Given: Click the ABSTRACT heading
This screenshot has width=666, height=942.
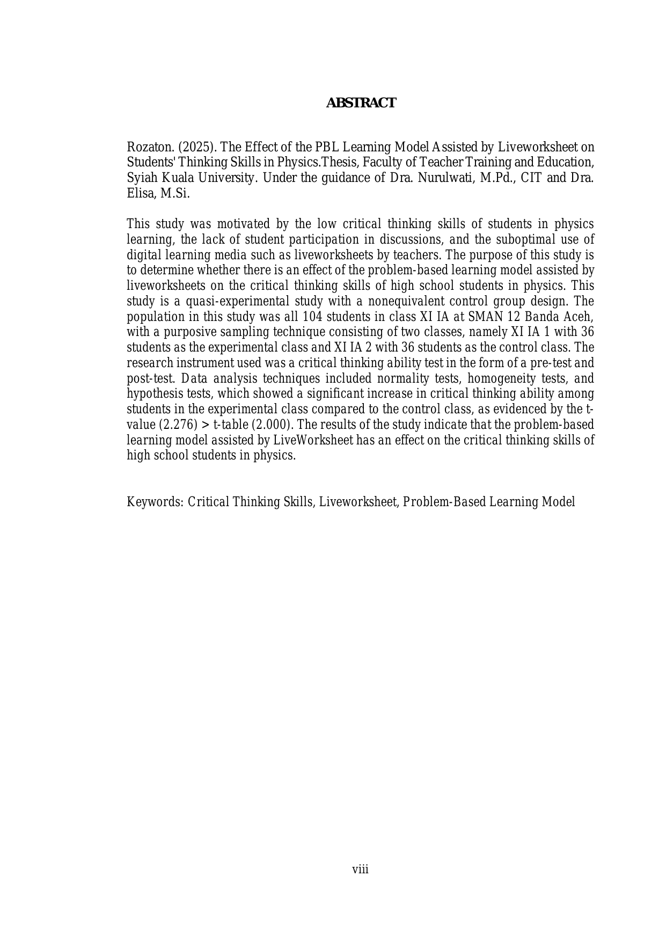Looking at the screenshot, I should click(x=361, y=103).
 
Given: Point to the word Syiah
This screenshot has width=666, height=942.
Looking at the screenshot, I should click(x=140, y=178).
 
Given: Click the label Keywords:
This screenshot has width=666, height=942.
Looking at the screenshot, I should click(x=155, y=502).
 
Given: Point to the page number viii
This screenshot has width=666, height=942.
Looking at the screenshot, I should click(x=360, y=870).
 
